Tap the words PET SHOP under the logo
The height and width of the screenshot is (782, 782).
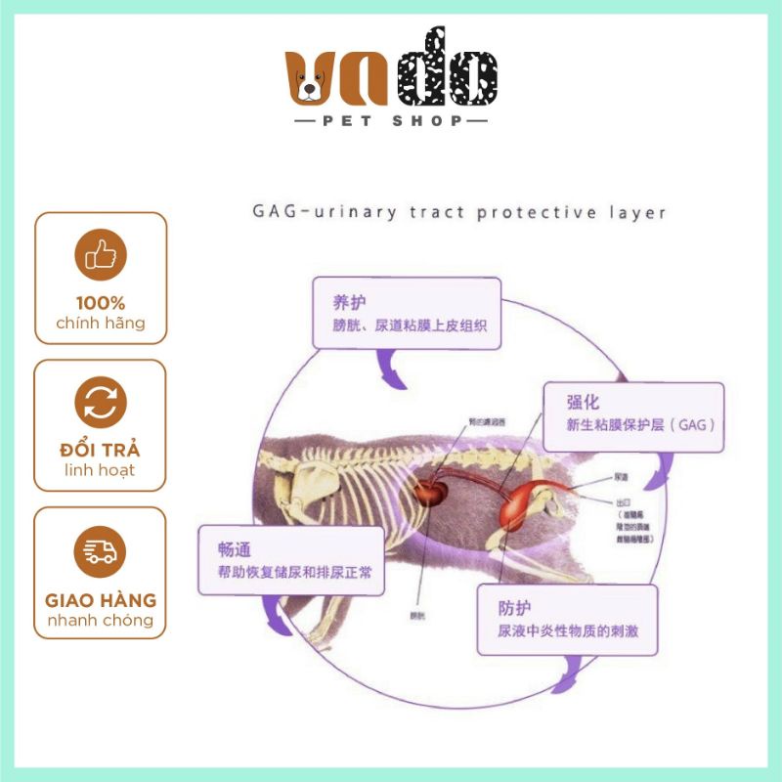click(391, 122)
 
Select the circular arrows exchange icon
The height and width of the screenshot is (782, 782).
click(100, 402)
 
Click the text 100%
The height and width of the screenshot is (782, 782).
click(100, 303)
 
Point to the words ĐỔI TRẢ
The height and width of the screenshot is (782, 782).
click(100, 451)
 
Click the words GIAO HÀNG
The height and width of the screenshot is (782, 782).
click(100, 600)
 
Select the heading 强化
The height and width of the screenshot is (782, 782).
click(584, 402)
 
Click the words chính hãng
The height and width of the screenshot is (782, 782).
click(100, 324)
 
